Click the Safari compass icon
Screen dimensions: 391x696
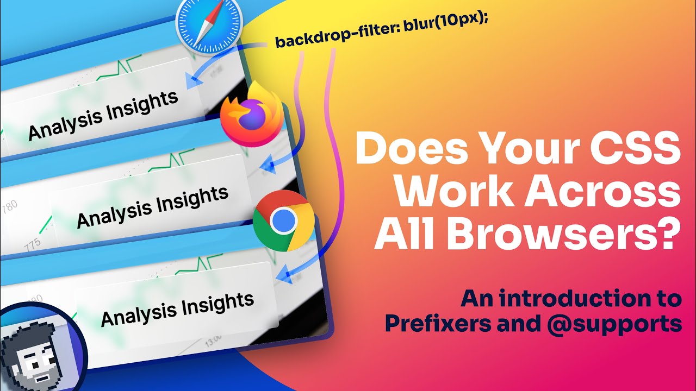click(208, 27)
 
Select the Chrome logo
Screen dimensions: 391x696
click(284, 220)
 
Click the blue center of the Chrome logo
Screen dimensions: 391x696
click(284, 220)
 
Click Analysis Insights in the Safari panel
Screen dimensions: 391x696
click(103, 115)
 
